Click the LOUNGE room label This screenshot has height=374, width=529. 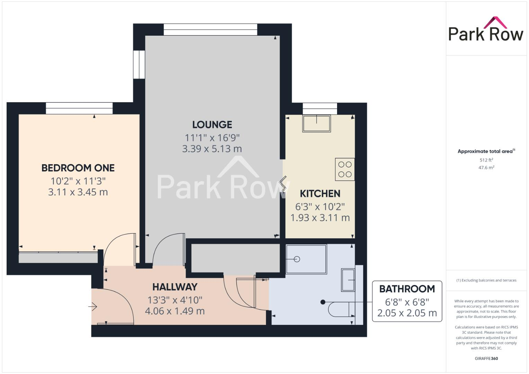(212, 125)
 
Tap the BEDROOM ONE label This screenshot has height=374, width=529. (78, 168)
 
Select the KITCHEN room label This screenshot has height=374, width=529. (320, 194)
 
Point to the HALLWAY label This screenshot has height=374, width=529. (175, 287)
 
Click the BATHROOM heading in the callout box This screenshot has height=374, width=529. (407, 289)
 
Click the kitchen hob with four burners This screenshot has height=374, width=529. (345, 169)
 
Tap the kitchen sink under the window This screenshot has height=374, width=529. (316, 123)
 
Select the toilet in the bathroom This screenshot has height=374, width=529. (341, 309)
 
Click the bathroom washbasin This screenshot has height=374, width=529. (348, 280)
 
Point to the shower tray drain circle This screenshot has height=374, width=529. (297, 259)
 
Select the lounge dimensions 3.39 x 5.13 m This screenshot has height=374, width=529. (212, 149)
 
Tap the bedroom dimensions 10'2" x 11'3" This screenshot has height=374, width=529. (78, 181)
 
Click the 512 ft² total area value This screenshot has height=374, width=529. (486, 160)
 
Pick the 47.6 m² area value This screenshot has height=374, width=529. (486, 168)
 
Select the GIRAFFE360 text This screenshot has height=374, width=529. (486, 358)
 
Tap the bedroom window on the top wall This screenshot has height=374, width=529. (79, 108)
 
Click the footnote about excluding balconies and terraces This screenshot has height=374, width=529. (486, 280)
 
